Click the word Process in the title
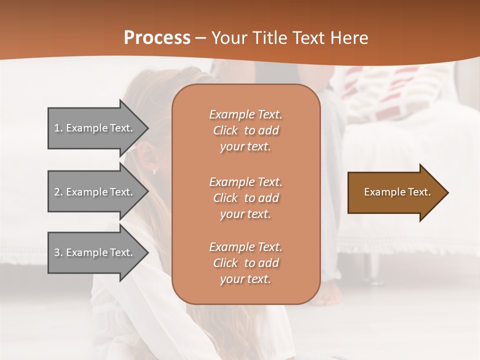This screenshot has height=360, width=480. pos(157,37)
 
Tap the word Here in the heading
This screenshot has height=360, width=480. pos(349,37)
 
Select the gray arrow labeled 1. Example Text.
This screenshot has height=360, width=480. pos(95,128)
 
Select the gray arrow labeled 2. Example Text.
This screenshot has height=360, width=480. pos(95,192)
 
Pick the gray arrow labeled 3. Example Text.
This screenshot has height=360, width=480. pos(95,252)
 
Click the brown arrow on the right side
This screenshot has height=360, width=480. pos(395,192)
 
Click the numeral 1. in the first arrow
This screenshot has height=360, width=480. pos(58,128)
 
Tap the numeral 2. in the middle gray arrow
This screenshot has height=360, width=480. pos(58,192)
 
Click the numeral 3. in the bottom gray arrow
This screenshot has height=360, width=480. pos(58,252)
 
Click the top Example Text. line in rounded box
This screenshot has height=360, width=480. pos(245,114)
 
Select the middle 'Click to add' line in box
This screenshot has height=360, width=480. pos(245,198)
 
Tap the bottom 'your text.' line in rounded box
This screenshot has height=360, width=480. pos(245,279)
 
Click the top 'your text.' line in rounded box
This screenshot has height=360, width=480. pos(245,146)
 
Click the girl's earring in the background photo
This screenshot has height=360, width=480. pos(154,171)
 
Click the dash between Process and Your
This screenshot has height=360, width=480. pos(200,38)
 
